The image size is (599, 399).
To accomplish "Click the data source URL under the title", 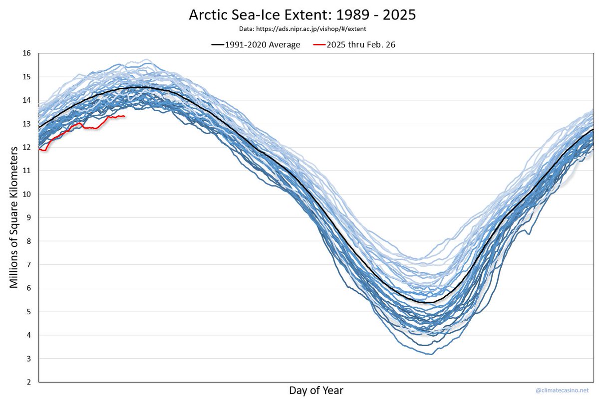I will coord(302,29).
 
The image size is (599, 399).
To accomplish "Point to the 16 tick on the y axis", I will coord(26,53).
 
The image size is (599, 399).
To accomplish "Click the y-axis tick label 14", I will coord(26,100).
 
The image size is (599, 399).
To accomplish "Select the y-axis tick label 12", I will coord(26,147).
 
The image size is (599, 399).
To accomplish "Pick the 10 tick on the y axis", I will coord(26,194).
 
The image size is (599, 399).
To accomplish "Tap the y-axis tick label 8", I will coord(28,241).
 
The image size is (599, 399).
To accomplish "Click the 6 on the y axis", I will coord(28,288).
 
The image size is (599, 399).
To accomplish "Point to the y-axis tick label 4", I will coord(28,335).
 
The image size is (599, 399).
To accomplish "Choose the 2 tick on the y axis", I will coord(28,382).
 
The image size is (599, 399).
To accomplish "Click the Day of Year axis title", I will coord(316,390).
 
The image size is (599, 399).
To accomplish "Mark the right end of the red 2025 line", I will coord(124,116).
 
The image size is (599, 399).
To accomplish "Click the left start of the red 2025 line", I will coord(39,149).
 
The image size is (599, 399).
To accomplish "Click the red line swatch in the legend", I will coord(319,45).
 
